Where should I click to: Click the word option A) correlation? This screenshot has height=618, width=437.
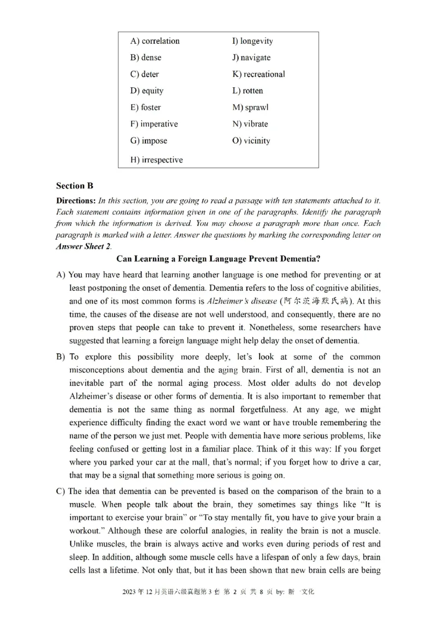(155, 41)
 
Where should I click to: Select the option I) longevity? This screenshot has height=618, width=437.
(252, 41)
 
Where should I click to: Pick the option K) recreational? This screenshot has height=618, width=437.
(258, 74)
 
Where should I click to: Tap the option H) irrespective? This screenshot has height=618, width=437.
(156, 160)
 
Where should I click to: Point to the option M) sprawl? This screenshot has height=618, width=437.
(250, 108)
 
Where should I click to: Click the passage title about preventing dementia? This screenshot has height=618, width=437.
(218, 259)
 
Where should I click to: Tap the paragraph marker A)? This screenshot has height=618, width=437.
(61, 275)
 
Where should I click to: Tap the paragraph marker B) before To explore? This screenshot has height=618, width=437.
(61, 357)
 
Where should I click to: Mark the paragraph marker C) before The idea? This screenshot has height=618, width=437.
(61, 491)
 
